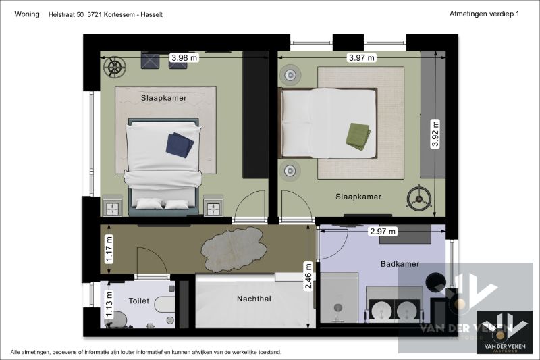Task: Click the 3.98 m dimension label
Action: pos(184,58)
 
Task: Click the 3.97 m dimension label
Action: pos(361,58)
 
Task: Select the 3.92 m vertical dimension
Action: pos(435,134)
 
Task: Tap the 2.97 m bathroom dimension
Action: pos(383,231)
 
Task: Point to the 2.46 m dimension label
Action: pos(308,276)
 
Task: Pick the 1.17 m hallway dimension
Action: pos(109,249)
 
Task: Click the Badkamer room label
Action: pos(400,264)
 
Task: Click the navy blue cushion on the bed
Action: pos(180,144)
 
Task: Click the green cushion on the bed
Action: pos(358,136)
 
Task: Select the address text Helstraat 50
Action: pos(65,14)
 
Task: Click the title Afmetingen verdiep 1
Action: pos(483,14)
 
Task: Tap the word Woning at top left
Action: pos(26,14)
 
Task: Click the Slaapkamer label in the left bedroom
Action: pos(163,98)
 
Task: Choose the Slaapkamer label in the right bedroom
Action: pos(358,197)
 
